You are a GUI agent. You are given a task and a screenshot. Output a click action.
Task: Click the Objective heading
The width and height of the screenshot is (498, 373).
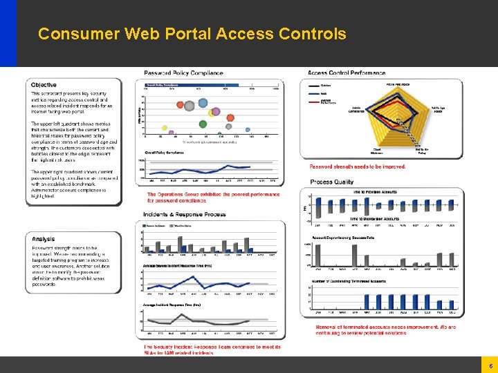click(x=44, y=85)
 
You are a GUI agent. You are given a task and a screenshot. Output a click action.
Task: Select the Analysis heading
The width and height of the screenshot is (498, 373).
click(x=43, y=239)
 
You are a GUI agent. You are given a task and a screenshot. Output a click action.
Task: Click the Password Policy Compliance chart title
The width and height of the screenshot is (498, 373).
click(x=183, y=73)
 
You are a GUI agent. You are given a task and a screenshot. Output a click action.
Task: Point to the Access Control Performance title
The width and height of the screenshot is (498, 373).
click(x=347, y=73)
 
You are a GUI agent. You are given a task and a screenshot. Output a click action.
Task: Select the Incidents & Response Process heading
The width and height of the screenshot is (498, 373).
click(x=185, y=214)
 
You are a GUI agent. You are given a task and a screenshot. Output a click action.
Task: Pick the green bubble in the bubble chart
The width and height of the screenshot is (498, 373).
click(x=203, y=124)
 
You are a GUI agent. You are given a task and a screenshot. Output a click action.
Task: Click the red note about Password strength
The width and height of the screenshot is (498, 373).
click(x=358, y=166)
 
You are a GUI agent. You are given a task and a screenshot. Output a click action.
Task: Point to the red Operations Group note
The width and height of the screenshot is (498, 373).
click(x=214, y=197)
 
